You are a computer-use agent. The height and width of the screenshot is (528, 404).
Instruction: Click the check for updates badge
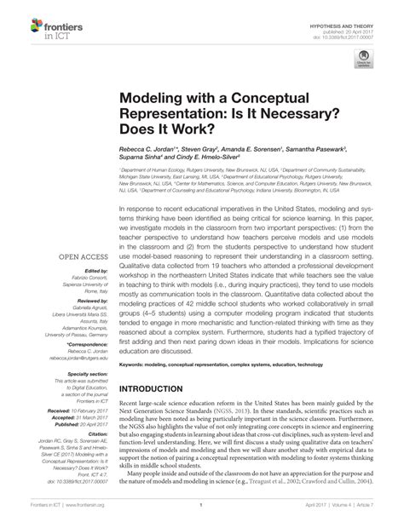point(364,61)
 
